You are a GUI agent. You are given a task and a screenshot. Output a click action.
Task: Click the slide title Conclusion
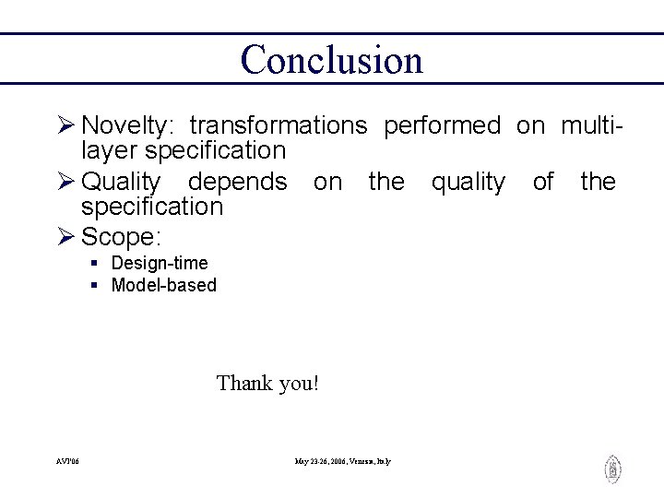[x=331, y=60]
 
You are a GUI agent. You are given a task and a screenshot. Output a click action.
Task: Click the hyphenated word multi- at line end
[x=592, y=126]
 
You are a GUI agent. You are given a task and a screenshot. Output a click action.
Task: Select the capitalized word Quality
[x=121, y=183]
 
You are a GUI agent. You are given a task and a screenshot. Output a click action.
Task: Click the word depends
[x=237, y=183]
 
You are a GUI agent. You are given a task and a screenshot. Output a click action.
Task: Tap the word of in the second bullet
[x=543, y=183]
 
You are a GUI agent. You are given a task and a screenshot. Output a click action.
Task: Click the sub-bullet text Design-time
[x=160, y=264]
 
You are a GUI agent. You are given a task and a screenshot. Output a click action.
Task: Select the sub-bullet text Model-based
[x=163, y=285]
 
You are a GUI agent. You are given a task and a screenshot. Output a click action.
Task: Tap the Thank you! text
[x=267, y=383]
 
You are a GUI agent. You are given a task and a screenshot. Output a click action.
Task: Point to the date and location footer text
[x=342, y=461]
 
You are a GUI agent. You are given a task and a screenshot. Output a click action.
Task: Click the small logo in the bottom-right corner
[x=612, y=469]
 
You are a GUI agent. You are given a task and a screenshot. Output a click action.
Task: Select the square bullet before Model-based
[x=95, y=286]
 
